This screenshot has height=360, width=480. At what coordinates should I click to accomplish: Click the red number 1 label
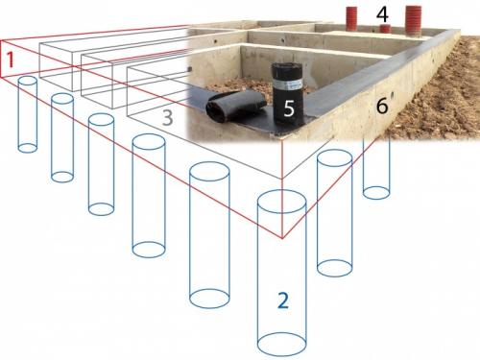coord(11,60)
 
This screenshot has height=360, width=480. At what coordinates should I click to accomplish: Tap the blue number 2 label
coord(283,300)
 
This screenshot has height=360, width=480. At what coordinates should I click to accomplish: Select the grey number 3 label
coord(168,117)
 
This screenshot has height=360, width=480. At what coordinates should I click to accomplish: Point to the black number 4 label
coord(382,14)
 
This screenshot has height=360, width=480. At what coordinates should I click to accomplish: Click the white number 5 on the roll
coord(289,108)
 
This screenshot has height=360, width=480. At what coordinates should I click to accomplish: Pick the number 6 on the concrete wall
coord(382,106)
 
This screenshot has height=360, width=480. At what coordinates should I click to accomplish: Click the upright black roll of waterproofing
coord(288,93)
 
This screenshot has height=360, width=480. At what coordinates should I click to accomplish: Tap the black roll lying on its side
coord(236,107)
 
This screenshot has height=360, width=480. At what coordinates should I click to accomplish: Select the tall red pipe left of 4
coord(352,18)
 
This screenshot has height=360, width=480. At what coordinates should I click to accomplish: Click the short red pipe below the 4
coord(385,29)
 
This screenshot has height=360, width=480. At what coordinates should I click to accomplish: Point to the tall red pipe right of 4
coord(413,20)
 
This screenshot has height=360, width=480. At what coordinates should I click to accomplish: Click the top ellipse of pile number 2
coord(282,202)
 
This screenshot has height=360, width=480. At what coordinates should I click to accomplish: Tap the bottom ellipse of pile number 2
coord(282,345)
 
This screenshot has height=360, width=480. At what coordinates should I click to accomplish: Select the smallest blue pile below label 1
coord(28,114)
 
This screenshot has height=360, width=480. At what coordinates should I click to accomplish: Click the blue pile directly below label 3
coord(149,196)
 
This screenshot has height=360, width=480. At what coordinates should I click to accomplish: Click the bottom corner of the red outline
coord(282,238)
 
